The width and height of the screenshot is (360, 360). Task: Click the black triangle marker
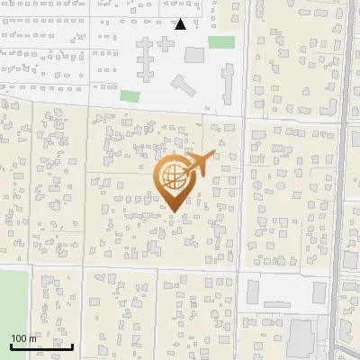point(181,24)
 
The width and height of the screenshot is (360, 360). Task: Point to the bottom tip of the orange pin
point(173,211)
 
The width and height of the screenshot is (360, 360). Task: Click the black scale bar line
point(41,346)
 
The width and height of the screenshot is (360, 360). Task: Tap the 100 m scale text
point(24,338)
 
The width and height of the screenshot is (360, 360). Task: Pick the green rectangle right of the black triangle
point(221,42)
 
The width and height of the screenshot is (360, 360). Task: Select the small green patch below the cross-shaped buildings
point(130,94)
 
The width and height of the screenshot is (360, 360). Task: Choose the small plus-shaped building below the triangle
point(180,85)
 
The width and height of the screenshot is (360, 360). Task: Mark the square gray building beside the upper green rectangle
point(194,55)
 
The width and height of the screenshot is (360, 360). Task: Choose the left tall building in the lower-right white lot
point(253,292)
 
